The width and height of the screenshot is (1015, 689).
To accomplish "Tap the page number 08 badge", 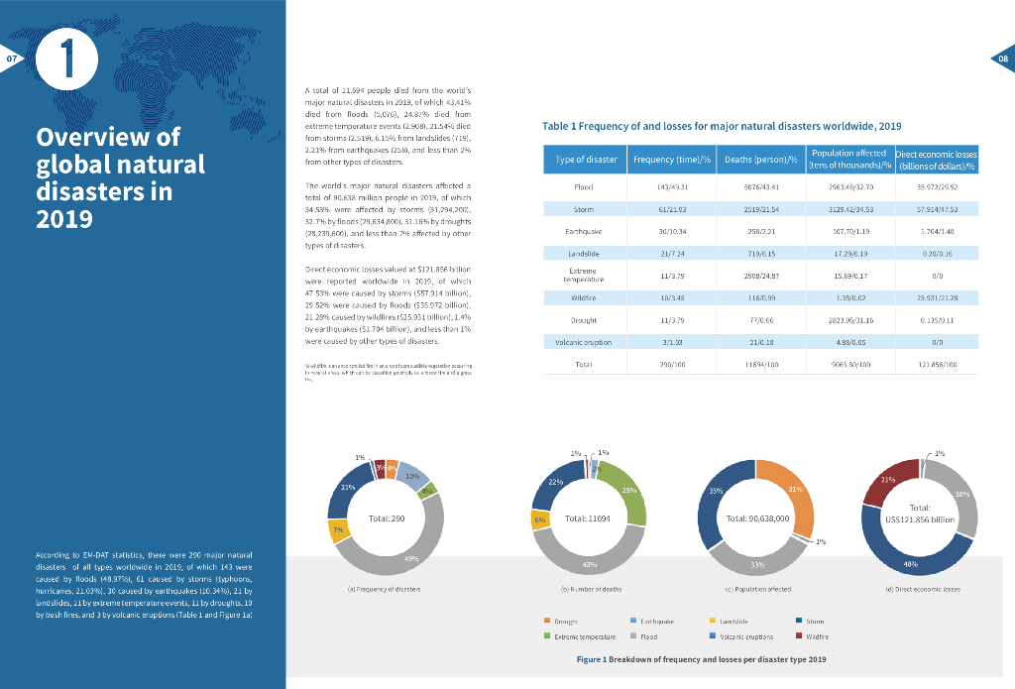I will pos(1001,59).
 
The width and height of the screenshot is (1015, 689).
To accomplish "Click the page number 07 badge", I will pos(12,60).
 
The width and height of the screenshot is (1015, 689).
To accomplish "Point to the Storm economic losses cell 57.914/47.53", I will pos(937,209).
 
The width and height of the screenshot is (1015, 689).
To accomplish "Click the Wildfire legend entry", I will pos(811,635).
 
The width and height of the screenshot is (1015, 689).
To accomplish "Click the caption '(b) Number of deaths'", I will pos(591,590).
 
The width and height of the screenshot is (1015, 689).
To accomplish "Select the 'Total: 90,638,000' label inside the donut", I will pos(757,518).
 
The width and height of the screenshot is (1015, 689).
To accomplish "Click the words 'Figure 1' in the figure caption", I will pos(591,659).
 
